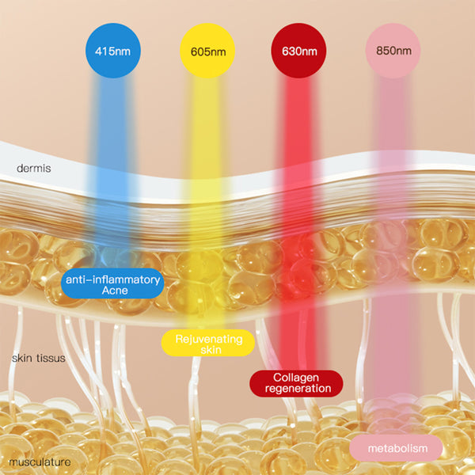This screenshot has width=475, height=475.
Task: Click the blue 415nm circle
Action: [x=113, y=51]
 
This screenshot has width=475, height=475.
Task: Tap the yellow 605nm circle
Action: [x=208, y=51]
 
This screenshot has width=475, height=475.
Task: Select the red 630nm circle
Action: [x=298, y=51]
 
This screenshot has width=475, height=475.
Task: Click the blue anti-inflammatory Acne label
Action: [x=112, y=285]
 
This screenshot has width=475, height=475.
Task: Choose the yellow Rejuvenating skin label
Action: [x=207, y=343]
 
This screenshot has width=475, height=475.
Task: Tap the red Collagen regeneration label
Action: [x=296, y=383]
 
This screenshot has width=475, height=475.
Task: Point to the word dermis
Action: [x=34, y=169]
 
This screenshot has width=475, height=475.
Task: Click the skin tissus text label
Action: [x=38, y=359]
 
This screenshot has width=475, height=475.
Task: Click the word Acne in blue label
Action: [x=112, y=291]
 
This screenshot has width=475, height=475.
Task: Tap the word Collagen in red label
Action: [x=296, y=377]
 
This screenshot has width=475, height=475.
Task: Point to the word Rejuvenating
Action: [x=207, y=337]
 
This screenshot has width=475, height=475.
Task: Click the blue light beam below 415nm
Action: [x=113, y=158]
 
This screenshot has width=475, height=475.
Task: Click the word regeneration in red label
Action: [x=296, y=389]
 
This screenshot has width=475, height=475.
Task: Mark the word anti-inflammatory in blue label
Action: [x=112, y=279]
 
